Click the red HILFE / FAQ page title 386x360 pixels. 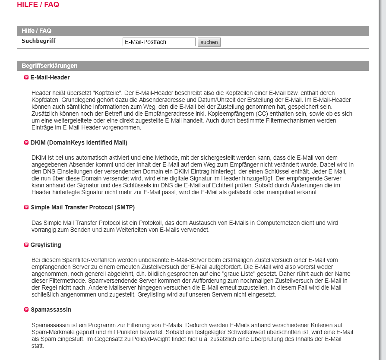pyautogui.click(x=38, y=5)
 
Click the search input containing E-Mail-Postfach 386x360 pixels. pyautogui.click(x=159, y=42)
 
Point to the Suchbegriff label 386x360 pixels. pyautogui.click(x=38, y=41)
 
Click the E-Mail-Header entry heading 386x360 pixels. pyautogui.click(x=50, y=77)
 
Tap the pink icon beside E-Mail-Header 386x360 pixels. pyautogui.click(x=26, y=78)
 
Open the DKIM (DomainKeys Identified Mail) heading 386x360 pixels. pyautogui.click(x=79, y=142)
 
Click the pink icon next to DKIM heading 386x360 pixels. pyautogui.click(x=26, y=142)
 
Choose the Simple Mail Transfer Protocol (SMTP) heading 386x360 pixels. pyautogui.click(x=82, y=207)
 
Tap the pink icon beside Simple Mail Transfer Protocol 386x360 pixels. pyautogui.click(x=26, y=208)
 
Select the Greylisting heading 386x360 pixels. pyautogui.click(x=46, y=245)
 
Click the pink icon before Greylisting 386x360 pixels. pyautogui.click(x=26, y=245)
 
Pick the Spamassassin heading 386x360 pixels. pyautogui.click(x=51, y=309)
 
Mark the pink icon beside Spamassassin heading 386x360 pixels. pyautogui.click(x=26, y=310)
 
